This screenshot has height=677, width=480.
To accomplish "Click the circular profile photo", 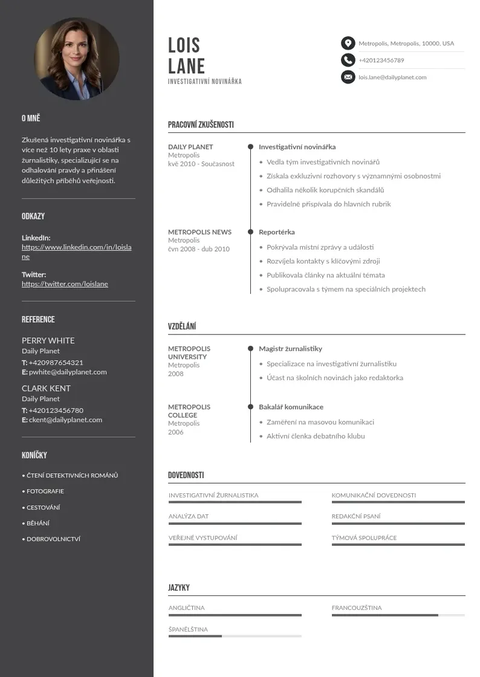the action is coord(77,59).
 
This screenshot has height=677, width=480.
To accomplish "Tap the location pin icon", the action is coord(348,43).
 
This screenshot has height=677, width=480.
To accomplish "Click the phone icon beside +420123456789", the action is coord(348,60).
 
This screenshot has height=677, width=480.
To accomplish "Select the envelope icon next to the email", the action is coord(348,77).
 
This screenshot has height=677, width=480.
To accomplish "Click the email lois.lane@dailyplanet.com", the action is coord(392,77).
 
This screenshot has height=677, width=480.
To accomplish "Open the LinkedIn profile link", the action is coord(76,251).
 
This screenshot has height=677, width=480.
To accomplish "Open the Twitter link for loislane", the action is coord(65,284).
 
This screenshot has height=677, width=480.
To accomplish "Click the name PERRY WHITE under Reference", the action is coord(48,340).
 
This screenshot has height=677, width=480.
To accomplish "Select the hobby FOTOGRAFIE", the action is coord(45,491).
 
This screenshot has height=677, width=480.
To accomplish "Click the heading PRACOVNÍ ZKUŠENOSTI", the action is coord(201,125).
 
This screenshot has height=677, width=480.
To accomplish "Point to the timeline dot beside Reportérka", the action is coord(250,232).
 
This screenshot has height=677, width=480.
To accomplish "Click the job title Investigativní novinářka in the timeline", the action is coord(297,147).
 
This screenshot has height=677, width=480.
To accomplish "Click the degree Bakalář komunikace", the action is coord(291,407).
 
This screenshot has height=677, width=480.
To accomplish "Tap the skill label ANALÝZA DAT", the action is coord(189,516).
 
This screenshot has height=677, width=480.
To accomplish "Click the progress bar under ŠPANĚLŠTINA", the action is coord(235,636).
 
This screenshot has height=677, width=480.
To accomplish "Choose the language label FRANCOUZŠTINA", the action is coord(357,608).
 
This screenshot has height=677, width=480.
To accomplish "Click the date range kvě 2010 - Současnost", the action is coord(201,164).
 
